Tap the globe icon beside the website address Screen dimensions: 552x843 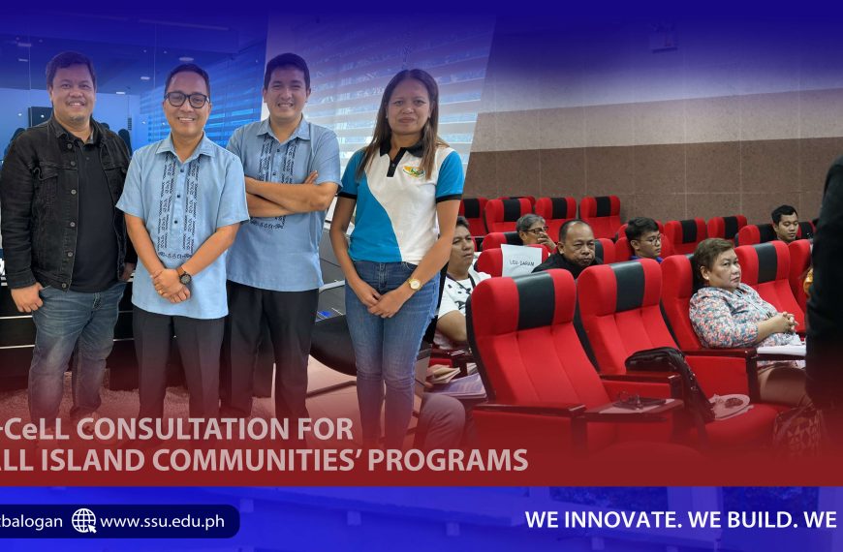84,521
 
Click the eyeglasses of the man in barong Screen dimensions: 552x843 186,99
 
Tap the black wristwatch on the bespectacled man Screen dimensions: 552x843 184,277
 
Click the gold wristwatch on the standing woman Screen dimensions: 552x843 414,284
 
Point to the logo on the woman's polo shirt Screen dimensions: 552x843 414,171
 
